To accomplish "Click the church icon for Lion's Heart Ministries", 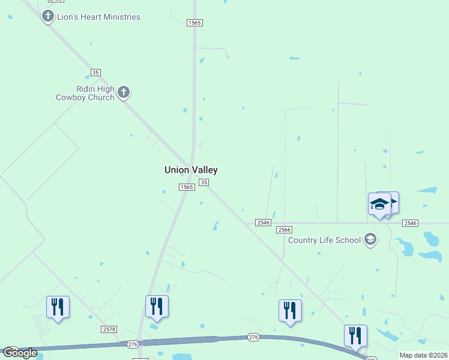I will [x=48, y=16].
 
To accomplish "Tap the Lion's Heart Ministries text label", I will [x=98, y=17].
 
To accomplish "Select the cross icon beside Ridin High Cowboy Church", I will [x=124, y=92].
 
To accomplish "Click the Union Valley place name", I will [x=191, y=170].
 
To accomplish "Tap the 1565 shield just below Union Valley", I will [x=187, y=187].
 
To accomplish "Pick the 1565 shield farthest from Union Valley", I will [x=194, y=23].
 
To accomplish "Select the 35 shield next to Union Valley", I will [x=204, y=182].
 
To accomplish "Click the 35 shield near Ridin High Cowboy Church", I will [x=95, y=73].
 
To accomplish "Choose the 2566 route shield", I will [x=285, y=230].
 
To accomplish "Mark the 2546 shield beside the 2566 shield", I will [x=263, y=223].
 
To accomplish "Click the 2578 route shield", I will [x=109, y=329].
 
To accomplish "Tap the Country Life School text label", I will [x=324, y=241].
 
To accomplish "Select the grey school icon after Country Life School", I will [x=370, y=240].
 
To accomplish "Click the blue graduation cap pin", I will [x=380, y=205].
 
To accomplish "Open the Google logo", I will [x=20, y=353].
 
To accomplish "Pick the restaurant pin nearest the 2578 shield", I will [x=157, y=307].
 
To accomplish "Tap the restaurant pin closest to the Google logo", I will [x=58, y=308].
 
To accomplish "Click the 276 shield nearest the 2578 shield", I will [x=132, y=344].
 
